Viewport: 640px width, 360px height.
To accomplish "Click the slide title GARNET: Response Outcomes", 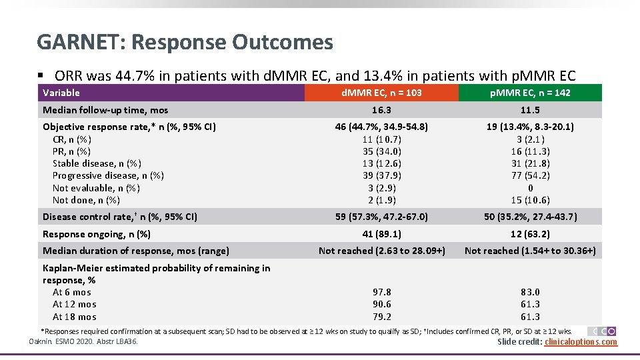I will point(185,43).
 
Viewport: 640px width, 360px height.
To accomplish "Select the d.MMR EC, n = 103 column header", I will point(381,93).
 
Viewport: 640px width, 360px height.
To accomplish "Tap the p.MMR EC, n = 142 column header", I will point(530,93).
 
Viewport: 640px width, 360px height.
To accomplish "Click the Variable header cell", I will point(61,93).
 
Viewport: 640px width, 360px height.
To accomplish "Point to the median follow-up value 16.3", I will point(381,110).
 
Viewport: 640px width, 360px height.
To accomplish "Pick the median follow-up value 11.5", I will point(530,110).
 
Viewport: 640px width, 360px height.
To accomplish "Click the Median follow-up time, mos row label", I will point(105,110).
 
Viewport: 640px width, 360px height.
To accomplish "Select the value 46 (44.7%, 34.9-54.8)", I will point(381,127).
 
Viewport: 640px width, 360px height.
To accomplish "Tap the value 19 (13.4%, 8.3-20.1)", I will point(530,127).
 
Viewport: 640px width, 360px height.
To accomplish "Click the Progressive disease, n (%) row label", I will point(108,175).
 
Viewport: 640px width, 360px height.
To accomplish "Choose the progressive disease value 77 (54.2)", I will point(530,175).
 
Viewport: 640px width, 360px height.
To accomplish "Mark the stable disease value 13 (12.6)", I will point(381,163).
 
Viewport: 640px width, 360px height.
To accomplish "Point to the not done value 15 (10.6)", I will point(530,200).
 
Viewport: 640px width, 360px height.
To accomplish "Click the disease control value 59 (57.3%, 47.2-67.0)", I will point(381,217).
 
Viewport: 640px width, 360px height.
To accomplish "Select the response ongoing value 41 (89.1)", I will point(381,234).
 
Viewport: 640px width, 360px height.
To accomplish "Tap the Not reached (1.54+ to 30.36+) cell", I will point(530,251).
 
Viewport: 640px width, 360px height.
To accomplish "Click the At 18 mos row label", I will point(74,317).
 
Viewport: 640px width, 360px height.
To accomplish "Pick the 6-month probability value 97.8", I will point(381,292).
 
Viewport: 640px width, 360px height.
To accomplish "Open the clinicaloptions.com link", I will point(581,342).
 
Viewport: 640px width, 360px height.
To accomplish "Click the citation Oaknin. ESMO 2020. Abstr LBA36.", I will point(83,342).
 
